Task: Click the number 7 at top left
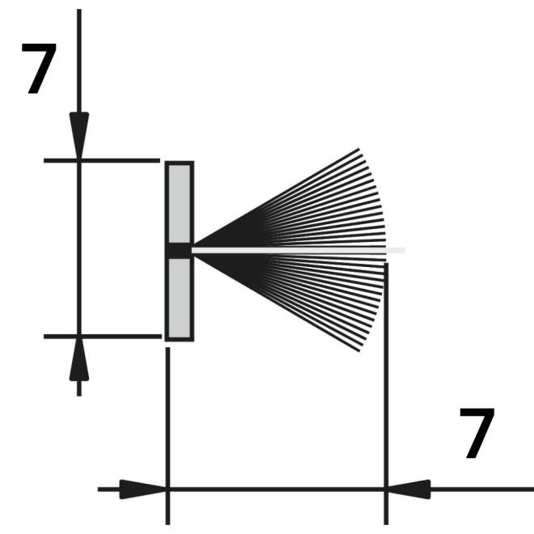pyautogui.click(x=39, y=69)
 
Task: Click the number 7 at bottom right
pyautogui.click(x=477, y=433)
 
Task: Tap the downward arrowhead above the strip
pyautogui.click(x=79, y=136)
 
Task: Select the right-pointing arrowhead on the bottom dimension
pyautogui.click(x=143, y=489)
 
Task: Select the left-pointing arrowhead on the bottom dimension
pyautogui.click(x=409, y=489)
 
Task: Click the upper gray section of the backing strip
pyautogui.click(x=180, y=204)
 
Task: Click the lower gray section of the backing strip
pyautogui.click(x=180, y=299)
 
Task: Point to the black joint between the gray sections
pyautogui.click(x=180, y=251)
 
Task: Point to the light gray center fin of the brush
pyautogui.click(x=299, y=250)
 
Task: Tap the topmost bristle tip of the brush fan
pyautogui.click(x=358, y=149)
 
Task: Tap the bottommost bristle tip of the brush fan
pyautogui.click(x=359, y=351)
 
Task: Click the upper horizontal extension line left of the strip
pyautogui.click(x=102, y=160)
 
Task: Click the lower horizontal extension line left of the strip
pyautogui.click(x=103, y=337)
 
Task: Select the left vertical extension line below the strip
pyautogui.click(x=167, y=436)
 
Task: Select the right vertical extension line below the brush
pyautogui.click(x=386, y=394)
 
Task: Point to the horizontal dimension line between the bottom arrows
pyautogui.click(x=277, y=489)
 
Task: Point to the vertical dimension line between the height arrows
pyautogui.click(x=79, y=248)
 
